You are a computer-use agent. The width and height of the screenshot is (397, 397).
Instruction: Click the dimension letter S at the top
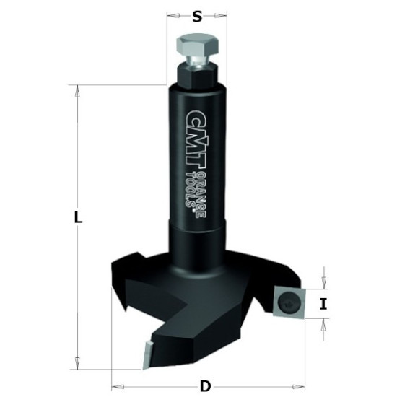point(197,17)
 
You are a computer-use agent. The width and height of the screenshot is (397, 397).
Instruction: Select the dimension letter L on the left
point(78,218)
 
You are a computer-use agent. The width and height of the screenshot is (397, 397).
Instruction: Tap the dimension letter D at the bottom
point(205,386)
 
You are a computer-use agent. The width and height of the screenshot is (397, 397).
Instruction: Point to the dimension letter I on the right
point(323,304)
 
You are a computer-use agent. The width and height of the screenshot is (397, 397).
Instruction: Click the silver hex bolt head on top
point(197,46)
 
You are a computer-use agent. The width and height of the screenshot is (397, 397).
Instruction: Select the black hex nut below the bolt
point(197,77)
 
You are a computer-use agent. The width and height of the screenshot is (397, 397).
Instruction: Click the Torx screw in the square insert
point(287,302)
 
